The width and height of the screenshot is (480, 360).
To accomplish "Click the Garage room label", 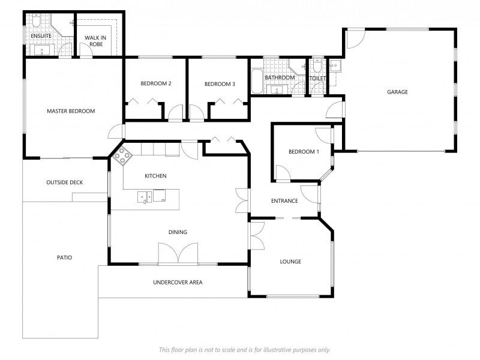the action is (x=397, y=92).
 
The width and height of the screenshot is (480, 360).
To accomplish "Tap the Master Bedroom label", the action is (x=71, y=111).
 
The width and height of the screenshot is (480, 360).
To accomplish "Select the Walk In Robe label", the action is (x=95, y=41).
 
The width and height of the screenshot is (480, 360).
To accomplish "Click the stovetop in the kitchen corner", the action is (x=122, y=156).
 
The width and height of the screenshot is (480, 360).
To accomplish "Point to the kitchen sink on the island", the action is (x=145, y=197).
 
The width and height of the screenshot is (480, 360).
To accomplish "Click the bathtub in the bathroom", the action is (x=257, y=82).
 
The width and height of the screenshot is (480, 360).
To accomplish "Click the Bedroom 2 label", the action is (x=156, y=83).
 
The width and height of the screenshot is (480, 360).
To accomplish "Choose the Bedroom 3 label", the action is (x=220, y=84).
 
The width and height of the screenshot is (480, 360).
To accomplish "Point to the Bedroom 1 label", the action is (x=304, y=152).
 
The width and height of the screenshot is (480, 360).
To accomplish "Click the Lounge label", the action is (x=290, y=262).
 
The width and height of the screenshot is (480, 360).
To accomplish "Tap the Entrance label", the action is (x=284, y=201).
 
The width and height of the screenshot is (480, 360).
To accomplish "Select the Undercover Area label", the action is (x=178, y=282).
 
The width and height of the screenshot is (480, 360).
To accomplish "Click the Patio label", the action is (x=65, y=257).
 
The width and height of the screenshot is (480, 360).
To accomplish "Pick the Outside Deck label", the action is (x=65, y=182).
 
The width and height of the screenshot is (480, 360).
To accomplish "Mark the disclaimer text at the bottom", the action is (x=245, y=350).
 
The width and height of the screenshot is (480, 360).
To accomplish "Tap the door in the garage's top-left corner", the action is (x=356, y=38).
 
